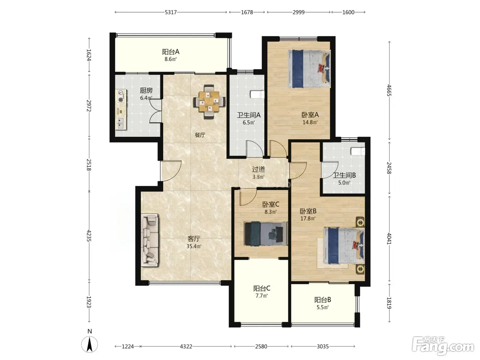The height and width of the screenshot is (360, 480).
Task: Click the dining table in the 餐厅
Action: click(209, 101)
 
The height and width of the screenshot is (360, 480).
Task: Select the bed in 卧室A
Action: click(309, 69)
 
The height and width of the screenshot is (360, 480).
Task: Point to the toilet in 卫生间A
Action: click(257, 94)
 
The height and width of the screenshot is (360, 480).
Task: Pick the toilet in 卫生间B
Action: click(358, 151)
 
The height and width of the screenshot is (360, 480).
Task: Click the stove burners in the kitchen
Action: click(121, 96)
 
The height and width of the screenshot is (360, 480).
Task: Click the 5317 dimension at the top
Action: click(170, 12)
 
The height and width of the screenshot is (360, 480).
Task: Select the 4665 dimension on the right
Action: click(389, 90)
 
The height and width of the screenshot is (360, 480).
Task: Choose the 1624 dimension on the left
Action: click(89, 55)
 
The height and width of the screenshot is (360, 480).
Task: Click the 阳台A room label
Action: click(170, 52)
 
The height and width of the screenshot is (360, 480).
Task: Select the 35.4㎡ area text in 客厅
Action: click(194, 246)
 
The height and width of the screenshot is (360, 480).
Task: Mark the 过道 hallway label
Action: click(259, 169)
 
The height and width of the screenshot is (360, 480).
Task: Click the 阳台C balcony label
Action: click(262, 289)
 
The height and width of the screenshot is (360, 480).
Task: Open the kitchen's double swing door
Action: click(156, 111)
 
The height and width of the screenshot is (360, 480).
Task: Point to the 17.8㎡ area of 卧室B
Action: click(308, 218)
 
